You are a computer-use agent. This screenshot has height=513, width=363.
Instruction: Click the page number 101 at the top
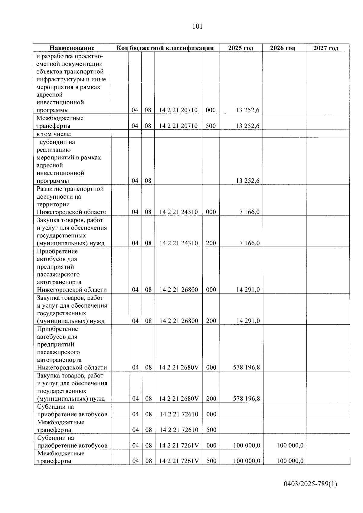point(197,27)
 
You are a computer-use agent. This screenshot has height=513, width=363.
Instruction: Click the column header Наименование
point(72,48)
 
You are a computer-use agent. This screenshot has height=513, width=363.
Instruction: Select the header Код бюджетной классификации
point(165,48)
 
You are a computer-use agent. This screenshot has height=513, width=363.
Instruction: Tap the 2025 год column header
point(240,48)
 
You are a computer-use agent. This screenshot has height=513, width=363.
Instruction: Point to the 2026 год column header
point(282,48)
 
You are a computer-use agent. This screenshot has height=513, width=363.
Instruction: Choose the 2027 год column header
point(326,48)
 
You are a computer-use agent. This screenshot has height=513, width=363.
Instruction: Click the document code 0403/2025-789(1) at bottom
point(310,484)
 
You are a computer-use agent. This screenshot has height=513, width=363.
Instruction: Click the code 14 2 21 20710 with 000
point(178,110)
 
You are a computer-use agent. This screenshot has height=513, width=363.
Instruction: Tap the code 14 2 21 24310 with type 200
point(178,243)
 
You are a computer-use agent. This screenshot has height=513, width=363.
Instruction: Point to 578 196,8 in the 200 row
point(246,399)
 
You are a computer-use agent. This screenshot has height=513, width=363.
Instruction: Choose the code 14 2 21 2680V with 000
point(179,368)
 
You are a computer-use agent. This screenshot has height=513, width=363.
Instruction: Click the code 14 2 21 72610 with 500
point(179,430)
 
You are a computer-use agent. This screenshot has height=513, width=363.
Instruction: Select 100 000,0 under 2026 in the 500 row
point(289,461)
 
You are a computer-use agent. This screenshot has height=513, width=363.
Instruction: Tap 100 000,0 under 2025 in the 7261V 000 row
point(247,445)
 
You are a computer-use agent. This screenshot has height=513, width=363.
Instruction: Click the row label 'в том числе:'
point(54,134)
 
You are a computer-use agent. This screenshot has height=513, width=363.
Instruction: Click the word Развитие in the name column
point(49,189)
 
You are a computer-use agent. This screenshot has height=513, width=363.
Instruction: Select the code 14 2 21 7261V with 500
point(179,461)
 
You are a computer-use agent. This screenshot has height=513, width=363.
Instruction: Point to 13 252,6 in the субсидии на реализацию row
point(247,181)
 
